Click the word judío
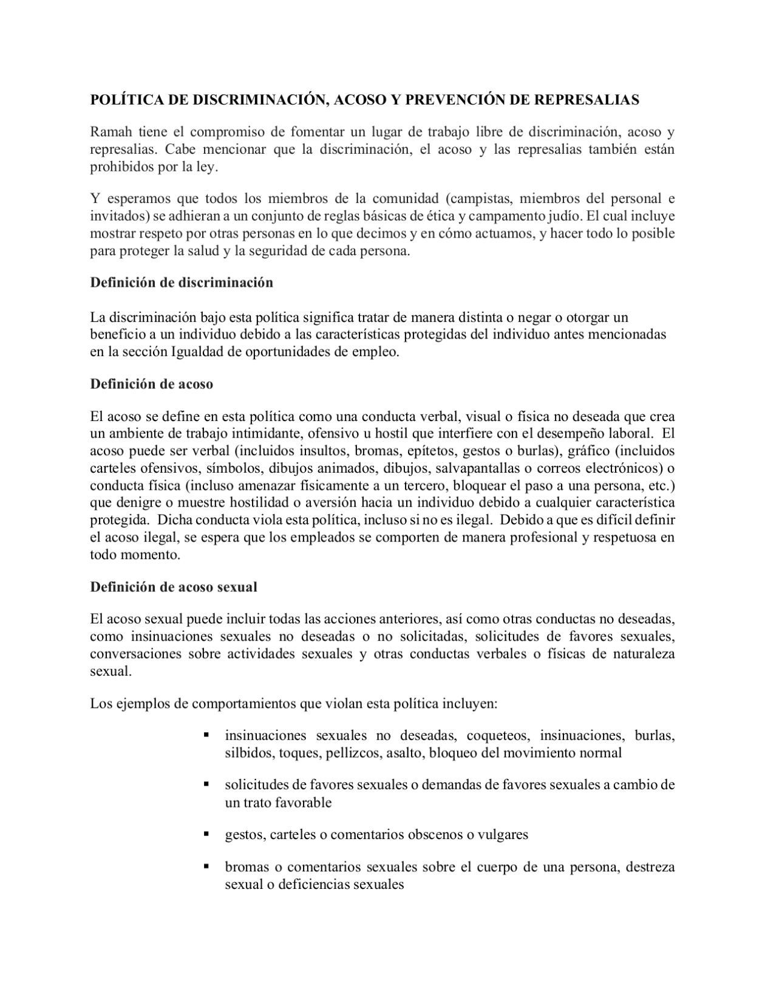click(x=563, y=216)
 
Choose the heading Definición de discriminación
click(x=182, y=283)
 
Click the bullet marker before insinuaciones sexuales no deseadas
click(x=207, y=735)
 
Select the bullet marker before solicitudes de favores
click(x=207, y=784)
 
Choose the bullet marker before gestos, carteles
click(x=207, y=834)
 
